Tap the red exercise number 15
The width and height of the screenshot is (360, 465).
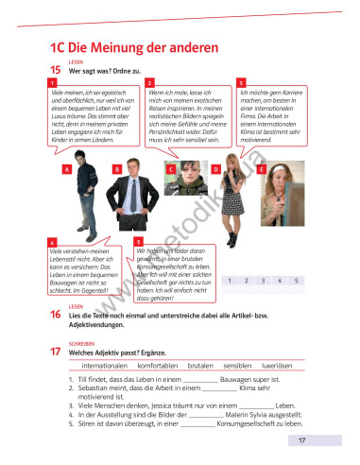coord(56,70)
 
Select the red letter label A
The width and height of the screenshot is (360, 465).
coord(68,168)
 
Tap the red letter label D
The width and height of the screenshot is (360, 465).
coord(216,168)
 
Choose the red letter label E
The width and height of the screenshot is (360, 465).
coord(262,168)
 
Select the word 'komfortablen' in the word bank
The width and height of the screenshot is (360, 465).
coord(158,364)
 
